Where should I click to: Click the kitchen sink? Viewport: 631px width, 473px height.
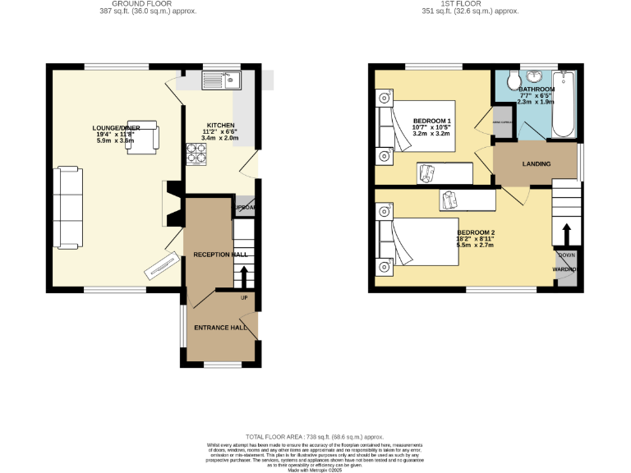(x=219, y=80)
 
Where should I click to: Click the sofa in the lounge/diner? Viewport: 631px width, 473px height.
(x=67, y=206)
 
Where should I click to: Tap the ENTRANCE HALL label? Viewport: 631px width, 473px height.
(x=220, y=328)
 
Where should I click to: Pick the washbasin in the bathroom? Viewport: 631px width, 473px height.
(x=536, y=77)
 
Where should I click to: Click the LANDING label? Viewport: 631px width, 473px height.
(x=537, y=164)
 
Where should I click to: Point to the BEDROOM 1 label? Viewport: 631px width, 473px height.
(x=432, y=122)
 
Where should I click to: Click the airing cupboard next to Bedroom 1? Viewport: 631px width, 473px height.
(x=502, y=123)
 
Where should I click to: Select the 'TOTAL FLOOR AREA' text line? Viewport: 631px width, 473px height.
(x=315, y=436)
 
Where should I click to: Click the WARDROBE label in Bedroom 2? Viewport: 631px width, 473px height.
(x=565, y=269)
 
